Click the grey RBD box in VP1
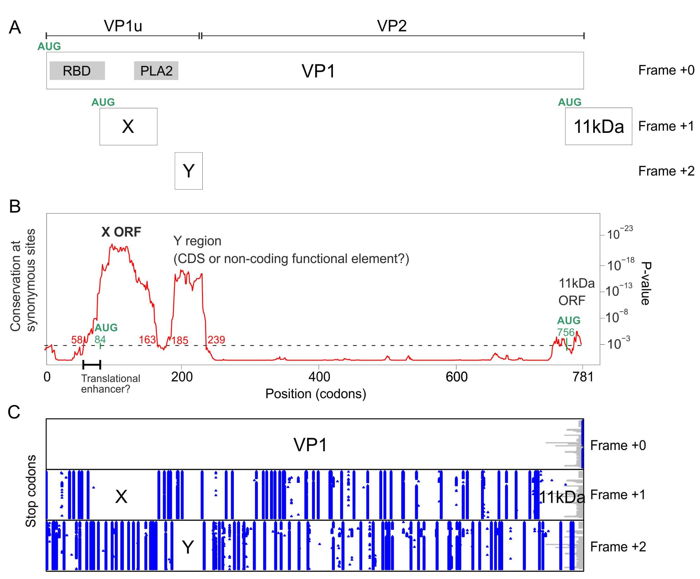pos(77,71)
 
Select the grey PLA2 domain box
pos(156,71)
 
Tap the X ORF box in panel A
pos(128,126)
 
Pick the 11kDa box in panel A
pos(598,126)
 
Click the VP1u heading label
pos(123,26)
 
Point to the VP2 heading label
pos(392,26)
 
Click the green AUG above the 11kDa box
pos(569,102)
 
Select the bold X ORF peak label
pos(121,232)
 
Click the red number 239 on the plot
pos(216,340)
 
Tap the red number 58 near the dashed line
pos(77,340)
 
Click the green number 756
pos(566,332)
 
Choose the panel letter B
pos(15,207)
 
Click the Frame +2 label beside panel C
pos(618,547)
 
